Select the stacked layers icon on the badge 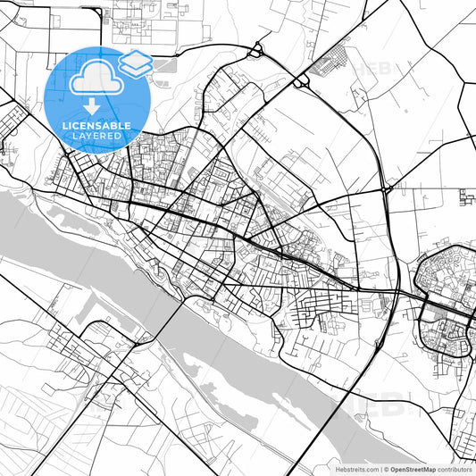(135, 63)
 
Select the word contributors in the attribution (455, 469)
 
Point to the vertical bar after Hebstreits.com (379, 469)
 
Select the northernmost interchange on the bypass (258, 51)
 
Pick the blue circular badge (96, 96)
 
